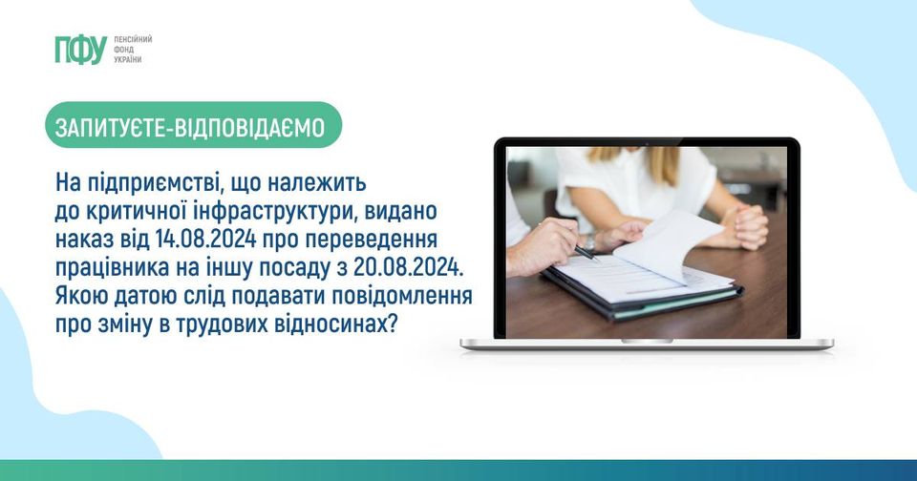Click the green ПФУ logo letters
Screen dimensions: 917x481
(x=81, y=50)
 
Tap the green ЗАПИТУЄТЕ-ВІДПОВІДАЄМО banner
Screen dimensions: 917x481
(x=193, y=124)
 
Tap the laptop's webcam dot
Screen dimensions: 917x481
(x=647, y=143)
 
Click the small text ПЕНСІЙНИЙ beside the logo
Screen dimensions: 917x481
(x=133, y=39)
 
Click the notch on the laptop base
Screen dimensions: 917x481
(x=647, y=341)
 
